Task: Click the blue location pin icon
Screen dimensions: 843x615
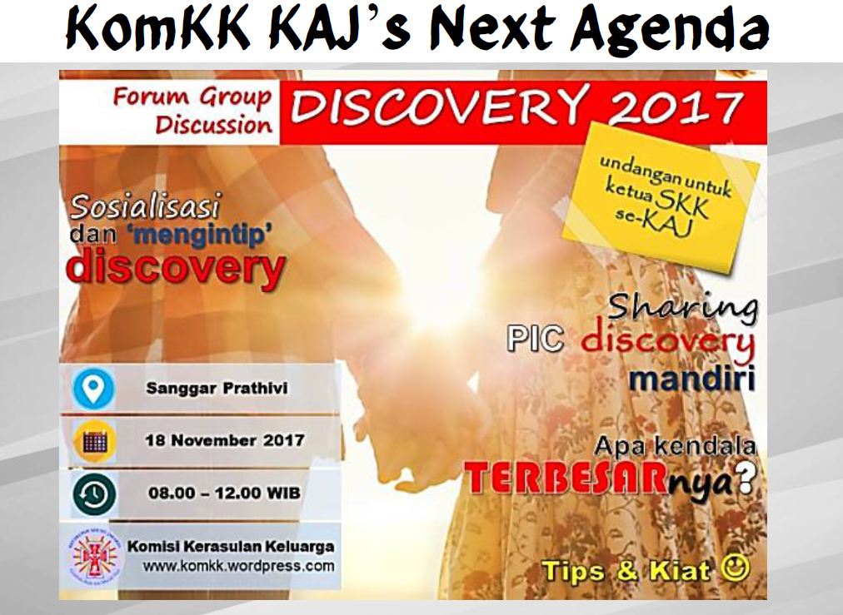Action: point(93,389)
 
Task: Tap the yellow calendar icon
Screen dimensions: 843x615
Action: point(95,442)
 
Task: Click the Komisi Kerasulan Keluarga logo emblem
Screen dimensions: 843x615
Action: point(94,556)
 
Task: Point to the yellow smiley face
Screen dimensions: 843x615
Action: point(735,568)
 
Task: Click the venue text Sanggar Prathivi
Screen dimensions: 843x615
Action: point(217,388)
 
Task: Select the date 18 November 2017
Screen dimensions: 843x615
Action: point(225,440)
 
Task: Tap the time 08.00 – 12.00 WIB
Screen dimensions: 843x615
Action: point(224,493)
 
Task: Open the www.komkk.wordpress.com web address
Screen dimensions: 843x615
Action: point(238,566)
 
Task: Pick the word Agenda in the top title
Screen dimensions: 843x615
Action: point(670,30)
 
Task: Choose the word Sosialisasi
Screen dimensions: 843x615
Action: point(146,207)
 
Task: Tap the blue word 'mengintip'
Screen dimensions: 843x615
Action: point(201,236)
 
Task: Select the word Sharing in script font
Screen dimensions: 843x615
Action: point(683,308)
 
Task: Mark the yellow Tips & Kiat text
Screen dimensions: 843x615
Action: point(626,570)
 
